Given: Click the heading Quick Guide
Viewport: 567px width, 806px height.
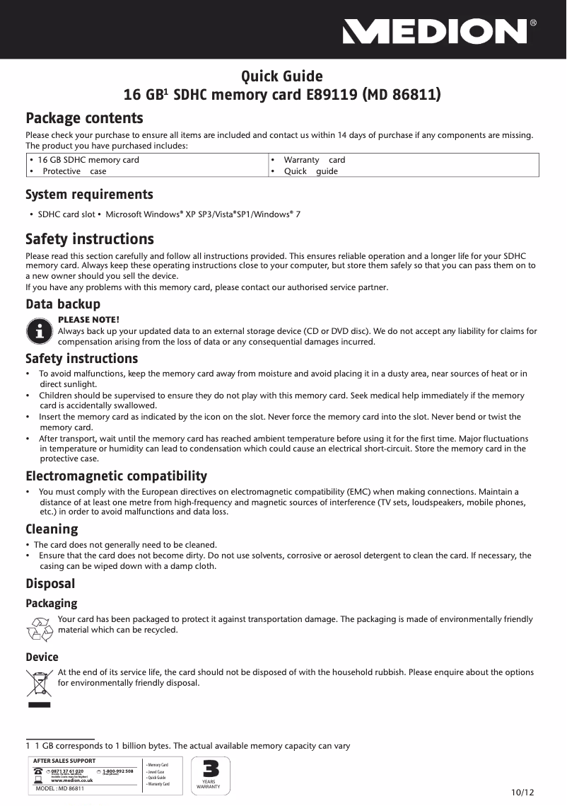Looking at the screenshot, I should tap(282, 76).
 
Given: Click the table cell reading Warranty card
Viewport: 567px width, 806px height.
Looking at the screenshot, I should tap(314, 160).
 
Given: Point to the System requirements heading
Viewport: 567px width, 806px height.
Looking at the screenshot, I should tap(89, 194).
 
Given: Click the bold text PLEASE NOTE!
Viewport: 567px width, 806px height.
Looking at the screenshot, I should tap(88, 319).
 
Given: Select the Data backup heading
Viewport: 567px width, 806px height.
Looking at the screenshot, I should tap(63, 304).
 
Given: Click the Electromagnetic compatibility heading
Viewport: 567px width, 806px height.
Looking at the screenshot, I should tap(117, 476).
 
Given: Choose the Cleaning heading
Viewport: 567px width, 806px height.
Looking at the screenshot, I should tap(52, 529).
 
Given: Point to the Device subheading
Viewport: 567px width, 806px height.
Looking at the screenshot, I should tap(42, 657).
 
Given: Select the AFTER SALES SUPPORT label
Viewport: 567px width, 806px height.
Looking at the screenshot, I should tap(64, 760).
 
